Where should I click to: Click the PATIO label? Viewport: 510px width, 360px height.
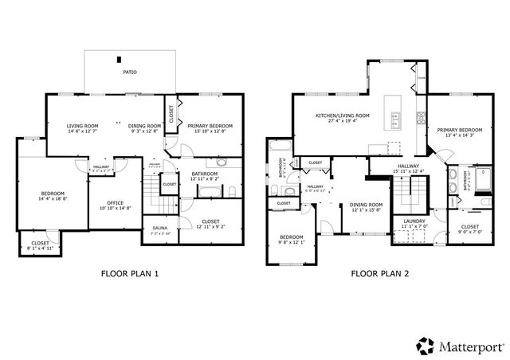tap(129, 72)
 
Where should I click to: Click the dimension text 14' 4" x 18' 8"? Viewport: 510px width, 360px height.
tap(52, 199)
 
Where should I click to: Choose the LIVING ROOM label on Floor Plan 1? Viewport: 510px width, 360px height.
tap(82, 126)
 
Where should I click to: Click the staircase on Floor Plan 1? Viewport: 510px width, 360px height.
tap(151, 188)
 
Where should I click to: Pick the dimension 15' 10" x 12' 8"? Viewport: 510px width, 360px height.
tap(210, 131)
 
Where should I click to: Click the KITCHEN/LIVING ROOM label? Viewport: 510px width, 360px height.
tap(343, 116)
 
